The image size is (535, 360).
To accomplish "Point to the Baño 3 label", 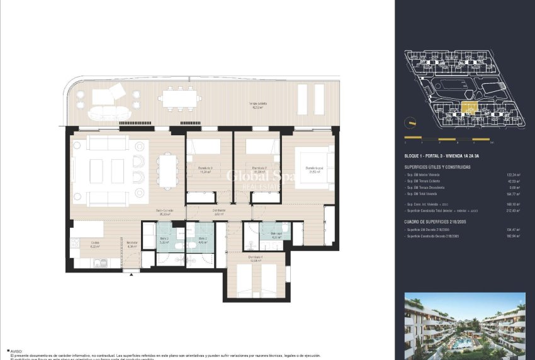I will (x=163, y=240).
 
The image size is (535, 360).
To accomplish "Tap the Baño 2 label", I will (x=202, y=240).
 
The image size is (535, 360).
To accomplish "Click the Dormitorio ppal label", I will (x=314, y=169).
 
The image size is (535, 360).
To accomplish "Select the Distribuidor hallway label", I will (x=218, y=212).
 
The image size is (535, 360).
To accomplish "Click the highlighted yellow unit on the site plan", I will (x=469, y=108).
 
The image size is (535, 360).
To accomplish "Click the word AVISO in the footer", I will (x=16, y=352).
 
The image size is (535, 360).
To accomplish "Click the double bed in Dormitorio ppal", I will (x=313, y=167).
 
